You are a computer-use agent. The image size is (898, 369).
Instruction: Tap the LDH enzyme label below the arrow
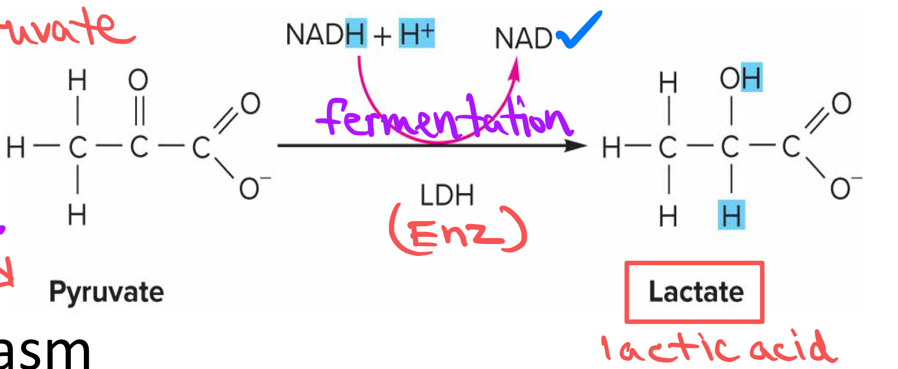(x=447, y=195)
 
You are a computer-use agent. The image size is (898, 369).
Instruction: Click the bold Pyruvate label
(x=107, y=292)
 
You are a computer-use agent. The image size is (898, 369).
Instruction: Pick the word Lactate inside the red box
(x=696, y=292)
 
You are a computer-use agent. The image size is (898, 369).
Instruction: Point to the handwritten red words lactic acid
(x=719, y=347)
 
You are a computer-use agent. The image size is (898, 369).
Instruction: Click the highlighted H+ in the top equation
(x=417, y=34)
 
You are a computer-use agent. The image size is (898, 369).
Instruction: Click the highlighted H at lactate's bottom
(x=731, y=215)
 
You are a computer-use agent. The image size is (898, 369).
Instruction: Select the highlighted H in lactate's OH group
(x=751, y=78)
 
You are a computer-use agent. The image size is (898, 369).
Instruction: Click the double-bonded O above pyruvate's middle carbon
(x=138, y=80)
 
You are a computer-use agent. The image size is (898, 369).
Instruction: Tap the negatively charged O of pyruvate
(x=250, y=188)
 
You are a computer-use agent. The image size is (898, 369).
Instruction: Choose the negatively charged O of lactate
(x=841, y=188)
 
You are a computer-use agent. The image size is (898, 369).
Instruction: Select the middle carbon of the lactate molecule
(x=730, y=147)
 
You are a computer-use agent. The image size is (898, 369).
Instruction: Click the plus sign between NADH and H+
(x=382, y=36)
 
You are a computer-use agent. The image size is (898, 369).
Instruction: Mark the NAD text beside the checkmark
(x=523, y=38)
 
